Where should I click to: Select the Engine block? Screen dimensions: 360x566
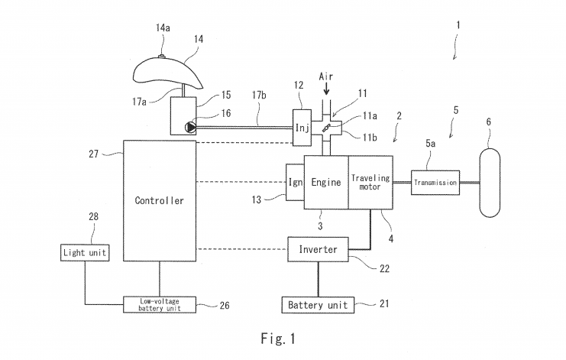coord(325,183)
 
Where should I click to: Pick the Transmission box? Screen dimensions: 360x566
coord(435,183)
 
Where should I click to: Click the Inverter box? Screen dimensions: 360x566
coord(318,250)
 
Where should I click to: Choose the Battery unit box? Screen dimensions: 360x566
coord(317,305)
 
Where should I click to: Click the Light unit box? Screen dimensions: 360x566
coord(85,251)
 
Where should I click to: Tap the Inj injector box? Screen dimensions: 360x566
coord(300,127)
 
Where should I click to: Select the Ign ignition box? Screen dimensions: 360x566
coord(295,183)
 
